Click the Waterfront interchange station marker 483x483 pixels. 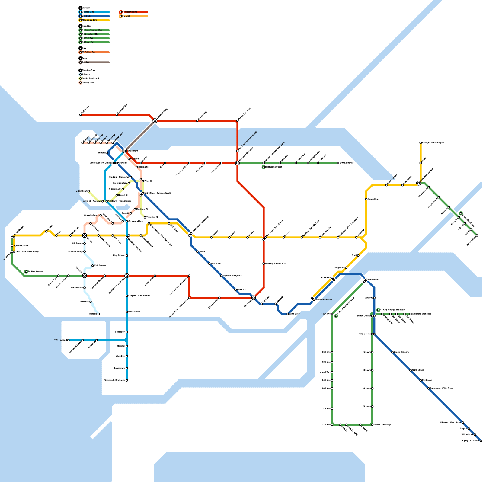tap(125, 151)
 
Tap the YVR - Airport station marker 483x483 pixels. tap(69, 340)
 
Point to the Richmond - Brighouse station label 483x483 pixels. tap(114, 380)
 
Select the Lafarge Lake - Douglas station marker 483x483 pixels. tap(421, 143)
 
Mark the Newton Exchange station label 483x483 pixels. tap(382, 425)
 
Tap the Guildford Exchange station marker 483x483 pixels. tap(411, 314)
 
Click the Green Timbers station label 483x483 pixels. tap(401, 352)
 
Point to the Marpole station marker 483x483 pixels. tap(99, 314)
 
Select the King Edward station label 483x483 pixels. tap(119, 256)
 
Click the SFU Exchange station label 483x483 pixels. tap(347, 163)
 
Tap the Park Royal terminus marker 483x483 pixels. tap(81, 115)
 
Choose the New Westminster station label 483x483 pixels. tap(324, 300)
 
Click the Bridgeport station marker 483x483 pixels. tap(127, 332)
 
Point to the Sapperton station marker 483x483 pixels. tap(346, 268)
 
